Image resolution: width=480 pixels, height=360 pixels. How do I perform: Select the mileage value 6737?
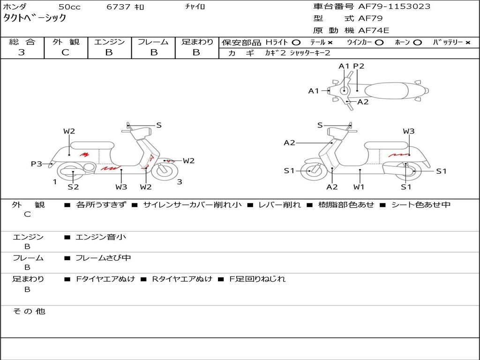tap(119, 7)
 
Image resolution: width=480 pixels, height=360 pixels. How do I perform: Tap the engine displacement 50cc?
tap(69, 7)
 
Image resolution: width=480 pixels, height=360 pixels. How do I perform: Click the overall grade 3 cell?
tap(22, 52)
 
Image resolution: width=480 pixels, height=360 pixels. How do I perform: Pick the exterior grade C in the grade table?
tap(65, 52)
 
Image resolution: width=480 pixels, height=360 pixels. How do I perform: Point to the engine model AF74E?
tap(374, 31)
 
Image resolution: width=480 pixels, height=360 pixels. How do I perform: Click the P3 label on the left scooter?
tap(37, 164)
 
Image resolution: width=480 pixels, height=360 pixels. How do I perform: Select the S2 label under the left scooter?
tap(73, 187)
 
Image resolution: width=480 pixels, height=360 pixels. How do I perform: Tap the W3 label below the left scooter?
tap(121, 187)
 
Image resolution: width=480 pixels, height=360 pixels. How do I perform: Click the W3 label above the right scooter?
tap(409, 131)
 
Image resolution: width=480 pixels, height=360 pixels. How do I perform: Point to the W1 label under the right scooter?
tap(360, 187)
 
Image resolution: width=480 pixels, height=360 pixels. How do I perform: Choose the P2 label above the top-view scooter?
tap(359, 66)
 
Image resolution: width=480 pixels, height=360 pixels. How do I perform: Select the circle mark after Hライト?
tap(296, 42)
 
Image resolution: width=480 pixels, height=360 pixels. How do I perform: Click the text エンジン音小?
tap(101, 237)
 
